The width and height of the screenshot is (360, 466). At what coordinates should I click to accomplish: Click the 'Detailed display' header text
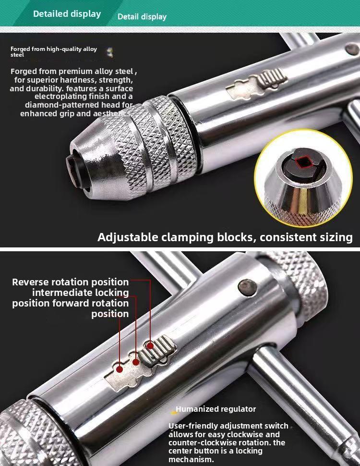(67, 13)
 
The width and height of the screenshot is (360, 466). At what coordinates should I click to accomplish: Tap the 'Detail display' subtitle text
(142, 17)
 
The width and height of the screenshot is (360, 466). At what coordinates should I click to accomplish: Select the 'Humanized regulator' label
(216, 409)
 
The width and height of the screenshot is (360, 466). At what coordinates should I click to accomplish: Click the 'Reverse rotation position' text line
(71, 282)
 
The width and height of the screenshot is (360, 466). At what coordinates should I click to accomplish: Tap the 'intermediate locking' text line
(81, 293)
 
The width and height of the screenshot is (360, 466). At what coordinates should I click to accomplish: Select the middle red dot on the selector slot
(136, 362)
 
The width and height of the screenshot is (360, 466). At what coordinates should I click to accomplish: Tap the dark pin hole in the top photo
(352, 49)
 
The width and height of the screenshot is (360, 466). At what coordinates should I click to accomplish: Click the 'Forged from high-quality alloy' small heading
(54, 49)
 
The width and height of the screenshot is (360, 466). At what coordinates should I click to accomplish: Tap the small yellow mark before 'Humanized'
(173, 412)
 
